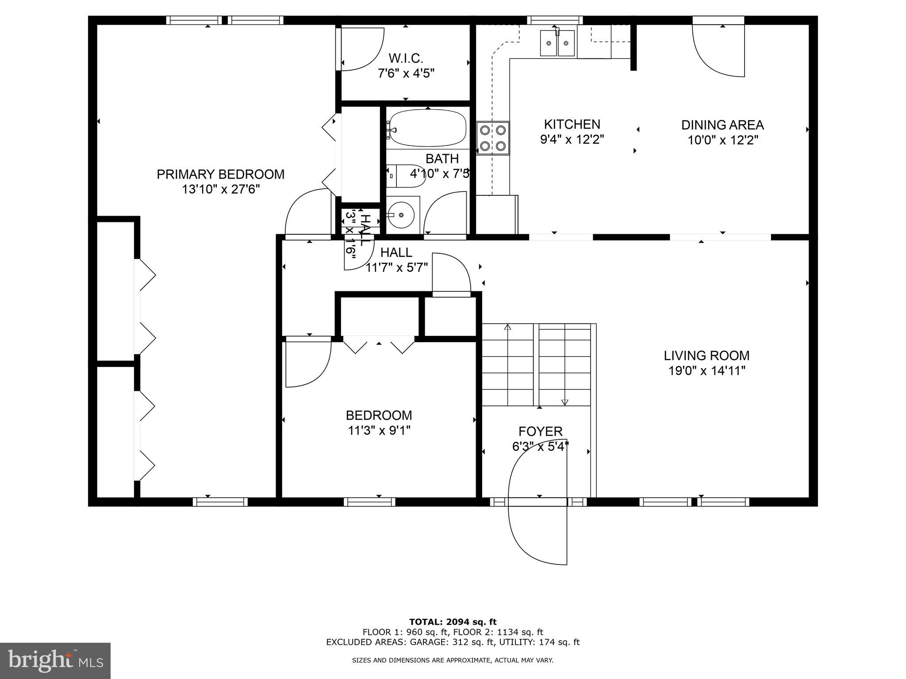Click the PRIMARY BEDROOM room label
coord(220,174)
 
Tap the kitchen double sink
coord(557,43)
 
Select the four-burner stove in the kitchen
coord(493,138)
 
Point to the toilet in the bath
coord(405,176)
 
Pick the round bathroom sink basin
coord(401,215)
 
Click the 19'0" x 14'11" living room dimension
coord(706,370)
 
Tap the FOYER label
coord(540,431)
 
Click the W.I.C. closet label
coord(406,58)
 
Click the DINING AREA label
coord(722,125)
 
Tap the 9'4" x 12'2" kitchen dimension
coord(572,140)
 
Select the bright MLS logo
coord(55,660)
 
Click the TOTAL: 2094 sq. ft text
coord(453,622)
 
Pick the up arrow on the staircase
coord(507,328)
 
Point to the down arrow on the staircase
coord(564,402)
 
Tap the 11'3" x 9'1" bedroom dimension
coord(379,430)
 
